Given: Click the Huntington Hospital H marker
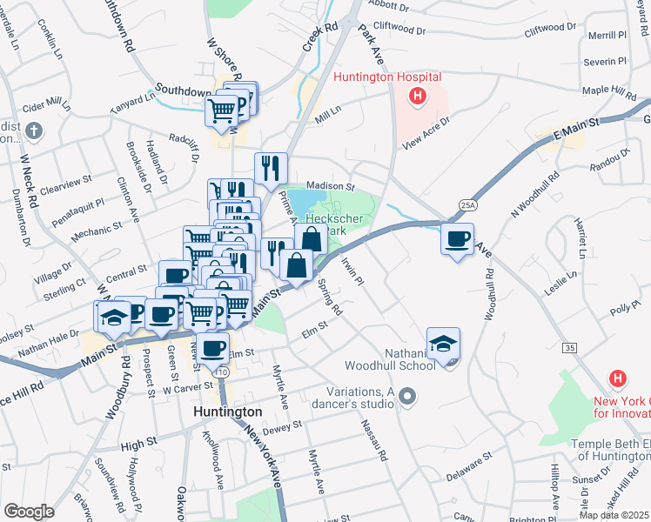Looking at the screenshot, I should pyautogui.click(x=418, y=96).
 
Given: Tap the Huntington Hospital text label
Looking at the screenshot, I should pyautogui.click(x=386, y=77).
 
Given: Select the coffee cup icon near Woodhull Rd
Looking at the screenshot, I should pyautogui.click(x=457, y=238).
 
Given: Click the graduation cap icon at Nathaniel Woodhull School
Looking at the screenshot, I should pyautogui.click(x=443, y=344).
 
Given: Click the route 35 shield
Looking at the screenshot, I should pyautogui.click(x=570, y=347).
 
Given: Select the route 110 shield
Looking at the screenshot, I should pyautogui.click(x=222, y=372).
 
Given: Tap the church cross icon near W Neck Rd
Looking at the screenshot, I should pyautogui.click(x=33, y=132).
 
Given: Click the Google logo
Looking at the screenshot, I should pyautogui.click(x=29, y=512).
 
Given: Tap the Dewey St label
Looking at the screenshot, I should pyautogui.click(x=284, y=425).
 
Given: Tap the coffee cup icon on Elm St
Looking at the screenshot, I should pyautogui.click(x=212, y=348).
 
